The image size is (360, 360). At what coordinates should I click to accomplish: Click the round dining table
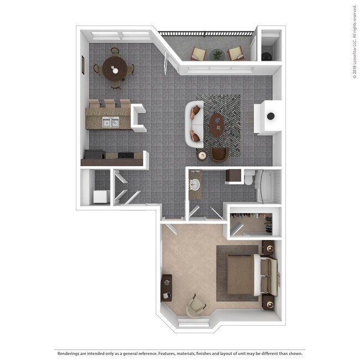click(115, 69)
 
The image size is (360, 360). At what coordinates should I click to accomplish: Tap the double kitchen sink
click(111, 121)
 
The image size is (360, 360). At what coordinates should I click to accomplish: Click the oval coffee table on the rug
click(215, 125)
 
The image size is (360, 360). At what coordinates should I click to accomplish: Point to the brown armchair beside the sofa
click(219, 155)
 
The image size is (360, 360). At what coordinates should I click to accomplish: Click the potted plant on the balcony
click(217, 54)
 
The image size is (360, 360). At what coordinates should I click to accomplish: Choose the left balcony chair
click(198, 54)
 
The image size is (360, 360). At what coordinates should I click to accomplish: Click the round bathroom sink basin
click(194, 183)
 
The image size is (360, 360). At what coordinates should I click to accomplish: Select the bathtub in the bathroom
click(266, 186)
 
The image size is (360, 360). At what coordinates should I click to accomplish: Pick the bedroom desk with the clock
click(166, 287)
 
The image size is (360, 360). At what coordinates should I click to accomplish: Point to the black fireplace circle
click(270, 116)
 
